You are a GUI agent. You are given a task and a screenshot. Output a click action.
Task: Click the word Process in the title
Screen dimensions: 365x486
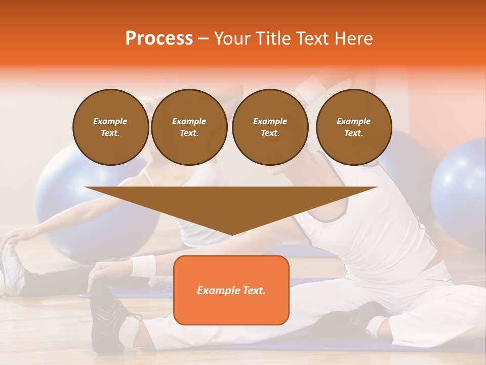(159, 39)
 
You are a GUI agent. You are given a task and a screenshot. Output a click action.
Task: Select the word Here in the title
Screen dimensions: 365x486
(353, 39)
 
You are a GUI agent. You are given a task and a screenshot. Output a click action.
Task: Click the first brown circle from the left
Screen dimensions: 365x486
(110, 127)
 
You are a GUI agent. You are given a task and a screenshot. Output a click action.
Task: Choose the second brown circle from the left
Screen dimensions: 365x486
(189, 127)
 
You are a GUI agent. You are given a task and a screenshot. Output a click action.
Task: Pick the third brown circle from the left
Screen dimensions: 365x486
(270, 127)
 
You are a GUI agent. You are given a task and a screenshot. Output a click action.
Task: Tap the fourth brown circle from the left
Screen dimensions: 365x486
(354, 127)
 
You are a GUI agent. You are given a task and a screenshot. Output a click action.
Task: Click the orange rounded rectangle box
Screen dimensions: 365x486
(231, 309)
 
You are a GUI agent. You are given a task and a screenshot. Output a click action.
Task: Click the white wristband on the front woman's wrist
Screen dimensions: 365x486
(143, 266)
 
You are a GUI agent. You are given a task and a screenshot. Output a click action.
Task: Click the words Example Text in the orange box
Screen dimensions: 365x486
(231, 290)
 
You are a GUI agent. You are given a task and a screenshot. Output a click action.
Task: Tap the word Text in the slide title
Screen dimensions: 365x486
(313, 39)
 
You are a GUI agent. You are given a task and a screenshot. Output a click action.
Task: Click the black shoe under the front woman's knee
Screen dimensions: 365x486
(349, 319)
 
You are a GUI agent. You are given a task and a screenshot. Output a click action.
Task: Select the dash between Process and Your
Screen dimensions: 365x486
(203, 39)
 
